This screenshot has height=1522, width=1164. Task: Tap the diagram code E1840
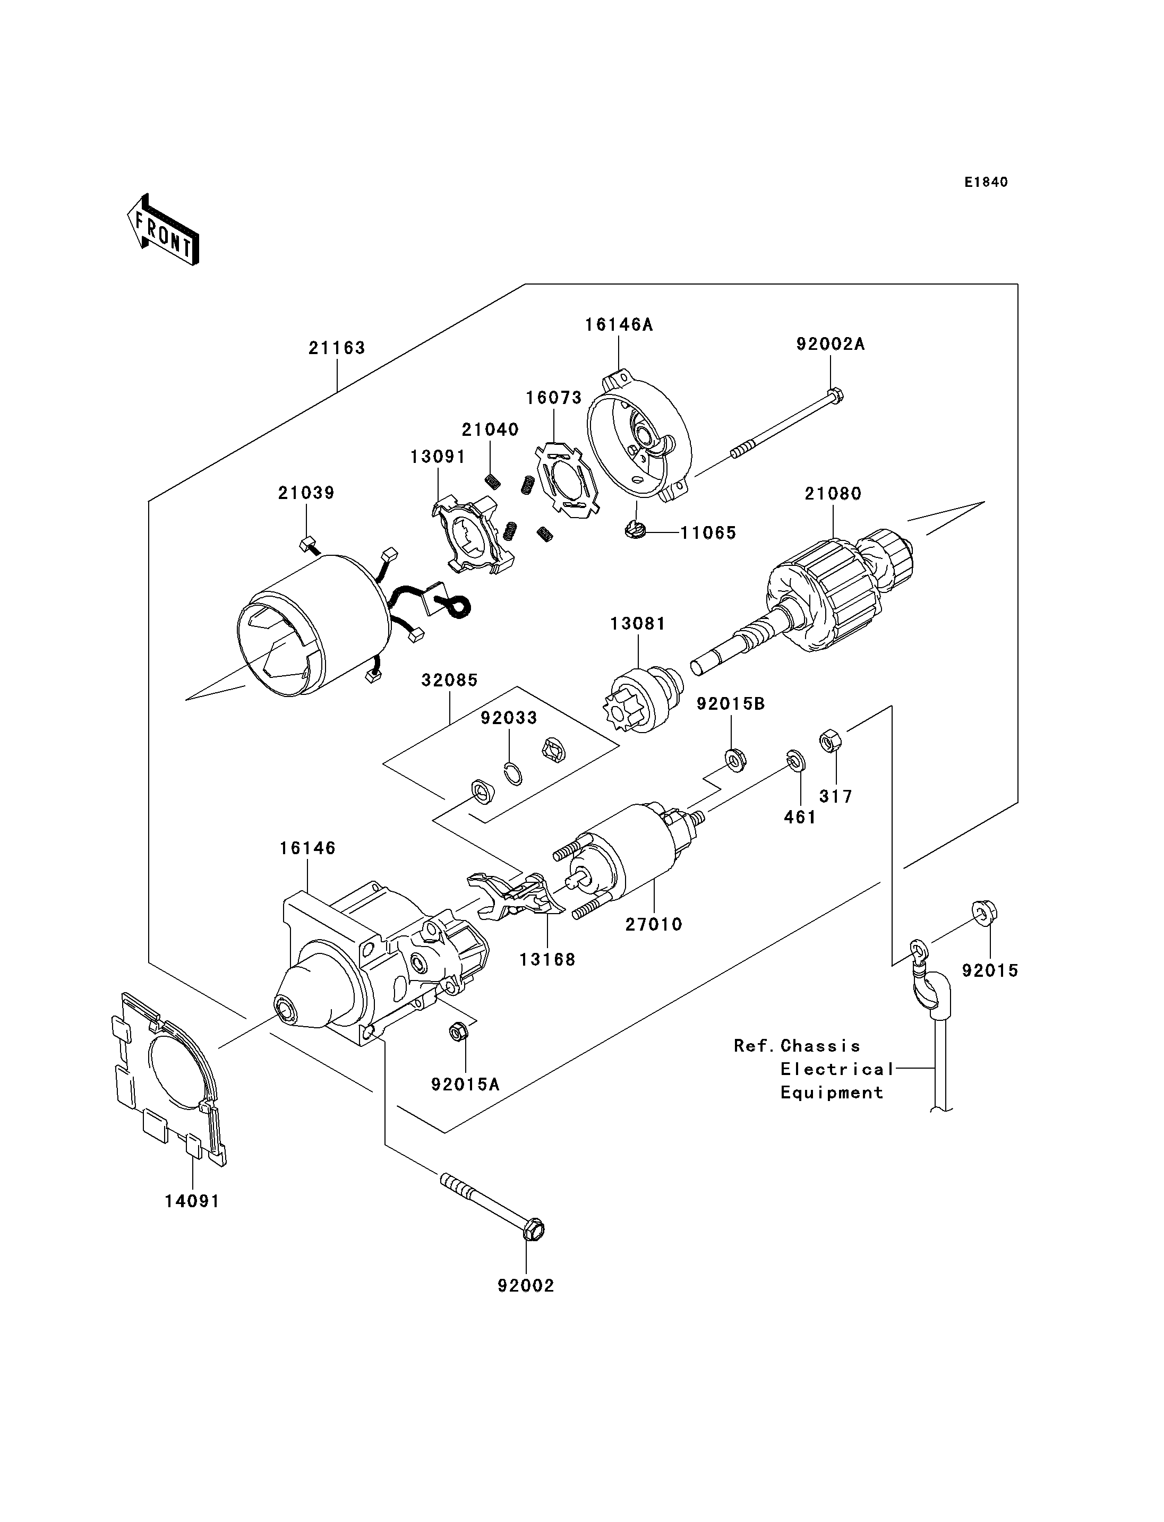986,182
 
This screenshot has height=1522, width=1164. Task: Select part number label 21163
337,348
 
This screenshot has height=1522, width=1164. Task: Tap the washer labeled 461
795,761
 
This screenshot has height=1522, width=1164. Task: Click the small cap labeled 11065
635,531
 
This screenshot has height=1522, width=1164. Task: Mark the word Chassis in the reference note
820,1046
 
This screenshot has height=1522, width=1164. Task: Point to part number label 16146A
619,324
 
